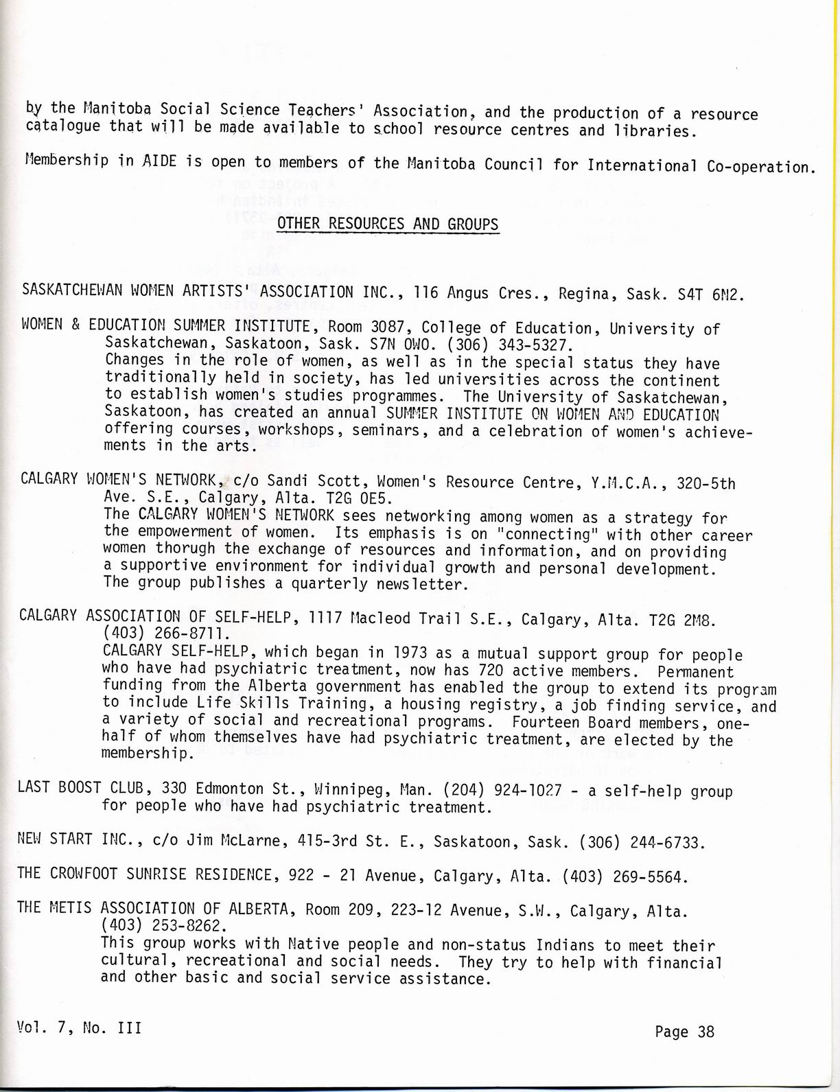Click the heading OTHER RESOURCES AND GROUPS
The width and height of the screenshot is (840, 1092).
(388, 224)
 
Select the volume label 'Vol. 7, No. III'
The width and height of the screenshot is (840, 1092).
(80, 1027)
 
